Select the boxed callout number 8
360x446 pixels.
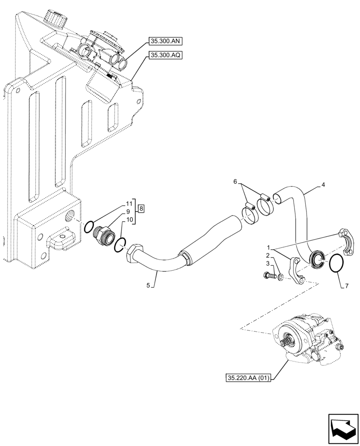coord(141,208)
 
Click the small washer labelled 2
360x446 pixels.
coord(279,278)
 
